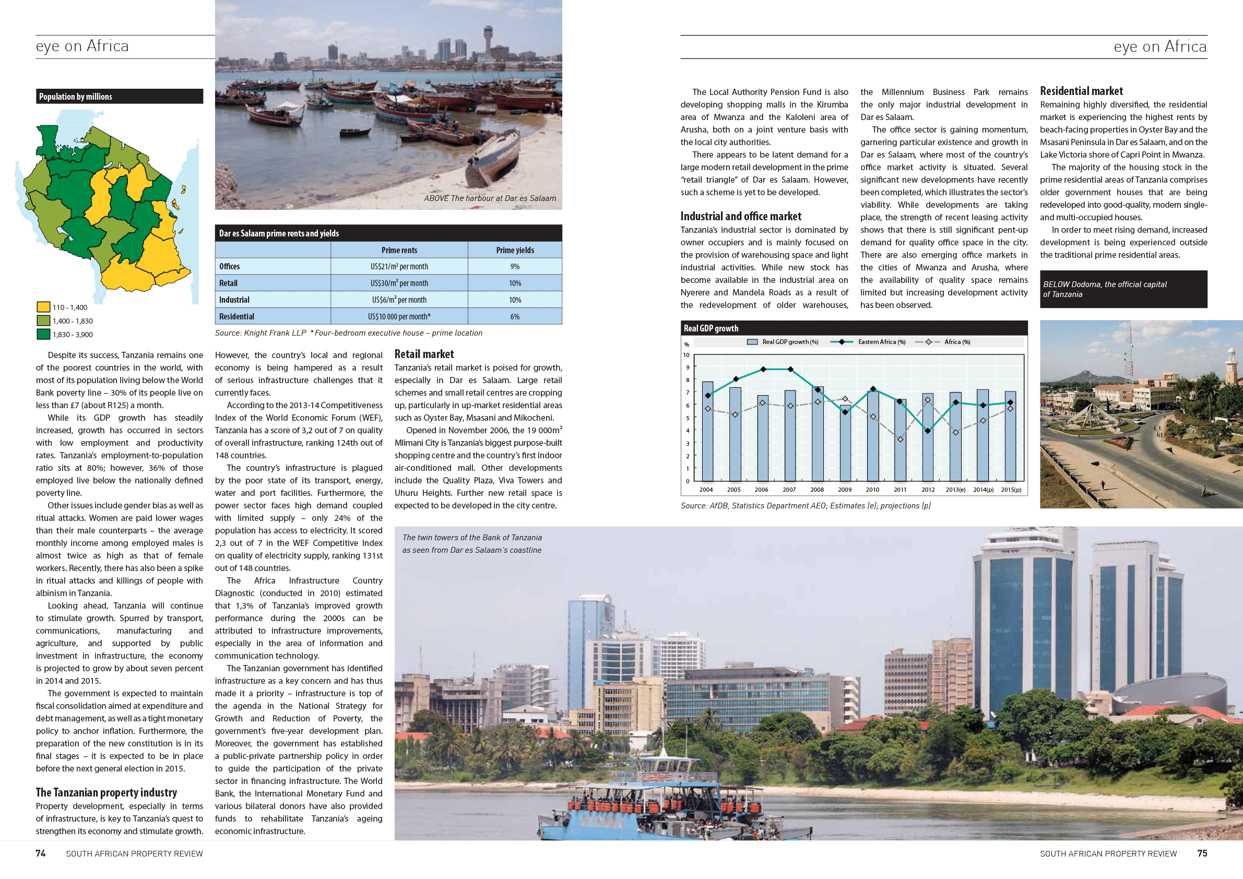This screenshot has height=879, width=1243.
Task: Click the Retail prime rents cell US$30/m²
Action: coord(399,283)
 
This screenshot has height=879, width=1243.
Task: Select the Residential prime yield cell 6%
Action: coord(515,317)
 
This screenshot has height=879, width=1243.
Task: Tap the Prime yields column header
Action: coord(515,250)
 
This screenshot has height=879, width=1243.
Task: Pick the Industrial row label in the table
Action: coord(234,300)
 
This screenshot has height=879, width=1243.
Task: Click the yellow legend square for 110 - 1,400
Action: coord(43,307)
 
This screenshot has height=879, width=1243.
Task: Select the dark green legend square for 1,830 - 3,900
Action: coord(43,335)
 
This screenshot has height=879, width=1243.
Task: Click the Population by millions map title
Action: coord(76,97)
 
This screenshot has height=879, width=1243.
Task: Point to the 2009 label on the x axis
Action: coord(845,490)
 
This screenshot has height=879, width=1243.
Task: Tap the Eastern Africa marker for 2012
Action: coord(928,431)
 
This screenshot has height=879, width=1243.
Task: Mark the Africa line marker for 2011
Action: coord(901,439)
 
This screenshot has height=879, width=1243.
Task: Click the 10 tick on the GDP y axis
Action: coord(686,355)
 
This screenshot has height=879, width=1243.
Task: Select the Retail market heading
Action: coord(424,354)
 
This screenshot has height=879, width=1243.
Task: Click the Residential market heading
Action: coord(1081,91)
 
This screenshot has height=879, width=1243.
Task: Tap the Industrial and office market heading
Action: coord(741,216)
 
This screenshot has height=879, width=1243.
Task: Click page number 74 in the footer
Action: coord(41,853)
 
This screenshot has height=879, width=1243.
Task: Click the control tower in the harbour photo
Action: coord(488,38)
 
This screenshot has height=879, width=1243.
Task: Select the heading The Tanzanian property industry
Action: coord(106,792)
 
